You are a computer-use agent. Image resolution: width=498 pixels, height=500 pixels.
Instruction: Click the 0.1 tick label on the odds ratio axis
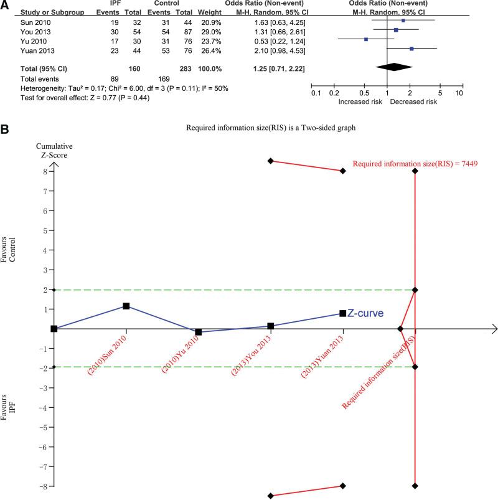316,93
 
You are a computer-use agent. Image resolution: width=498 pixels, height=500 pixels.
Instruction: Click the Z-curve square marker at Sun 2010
126,306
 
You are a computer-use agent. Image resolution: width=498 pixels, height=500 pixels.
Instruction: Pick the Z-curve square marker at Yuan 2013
342,313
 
